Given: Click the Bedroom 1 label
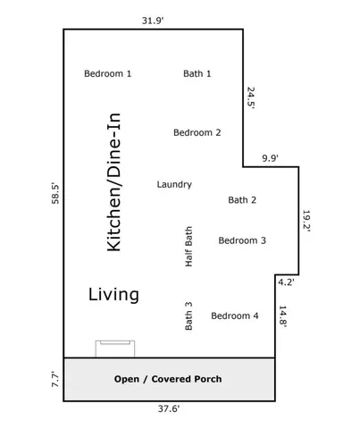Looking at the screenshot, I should (x=107, y=73).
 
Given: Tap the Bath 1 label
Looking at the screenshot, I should (x=197, y=73).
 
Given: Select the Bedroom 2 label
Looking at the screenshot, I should (x=197, y=132).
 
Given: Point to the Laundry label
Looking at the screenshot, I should (x=174, y=184).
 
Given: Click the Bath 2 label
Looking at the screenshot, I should (x=242, y=200).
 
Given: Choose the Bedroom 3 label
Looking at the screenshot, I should (x=242, y=240).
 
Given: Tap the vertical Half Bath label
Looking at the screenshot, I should (x=188, y=247).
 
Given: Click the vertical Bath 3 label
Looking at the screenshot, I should (x=188, y=315).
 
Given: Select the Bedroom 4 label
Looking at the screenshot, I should (x=234, y=315).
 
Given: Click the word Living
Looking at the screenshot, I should (x=113, y=294).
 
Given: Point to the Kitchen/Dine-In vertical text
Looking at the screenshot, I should (x=114, y=181).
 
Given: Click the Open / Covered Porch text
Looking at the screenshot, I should (x=168, y=379).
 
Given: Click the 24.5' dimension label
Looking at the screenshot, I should (x=251, y=97).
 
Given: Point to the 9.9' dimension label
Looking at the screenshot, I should (x=270, y=157).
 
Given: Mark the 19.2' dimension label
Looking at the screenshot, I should (x=306, y=221).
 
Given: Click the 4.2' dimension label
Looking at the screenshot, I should (x=286, y=282).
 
